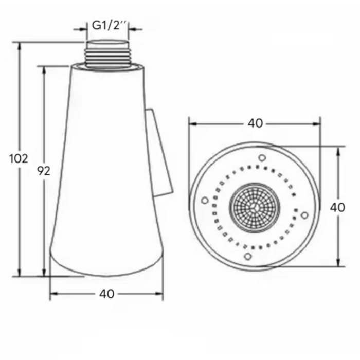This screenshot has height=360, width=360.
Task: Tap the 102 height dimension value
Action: pyautogui.click(x=19, y=158)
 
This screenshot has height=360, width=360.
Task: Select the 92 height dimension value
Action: pyautogui.click(x=44, y=171)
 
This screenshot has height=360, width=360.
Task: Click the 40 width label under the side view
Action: pyautogui.click(x=106, y=294)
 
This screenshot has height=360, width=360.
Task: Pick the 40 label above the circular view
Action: pyautogui.click(x=255, y=123)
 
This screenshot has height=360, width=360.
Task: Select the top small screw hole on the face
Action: pyautogui.click(x=262, y=157)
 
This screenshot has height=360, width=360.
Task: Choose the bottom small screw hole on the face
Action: pyautogui.click(x=247, y=256)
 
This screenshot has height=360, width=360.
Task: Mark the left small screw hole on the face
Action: pyautogui.click(x=205, y=200)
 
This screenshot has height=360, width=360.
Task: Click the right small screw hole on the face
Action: pyautogui.click(x=304, y=214)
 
